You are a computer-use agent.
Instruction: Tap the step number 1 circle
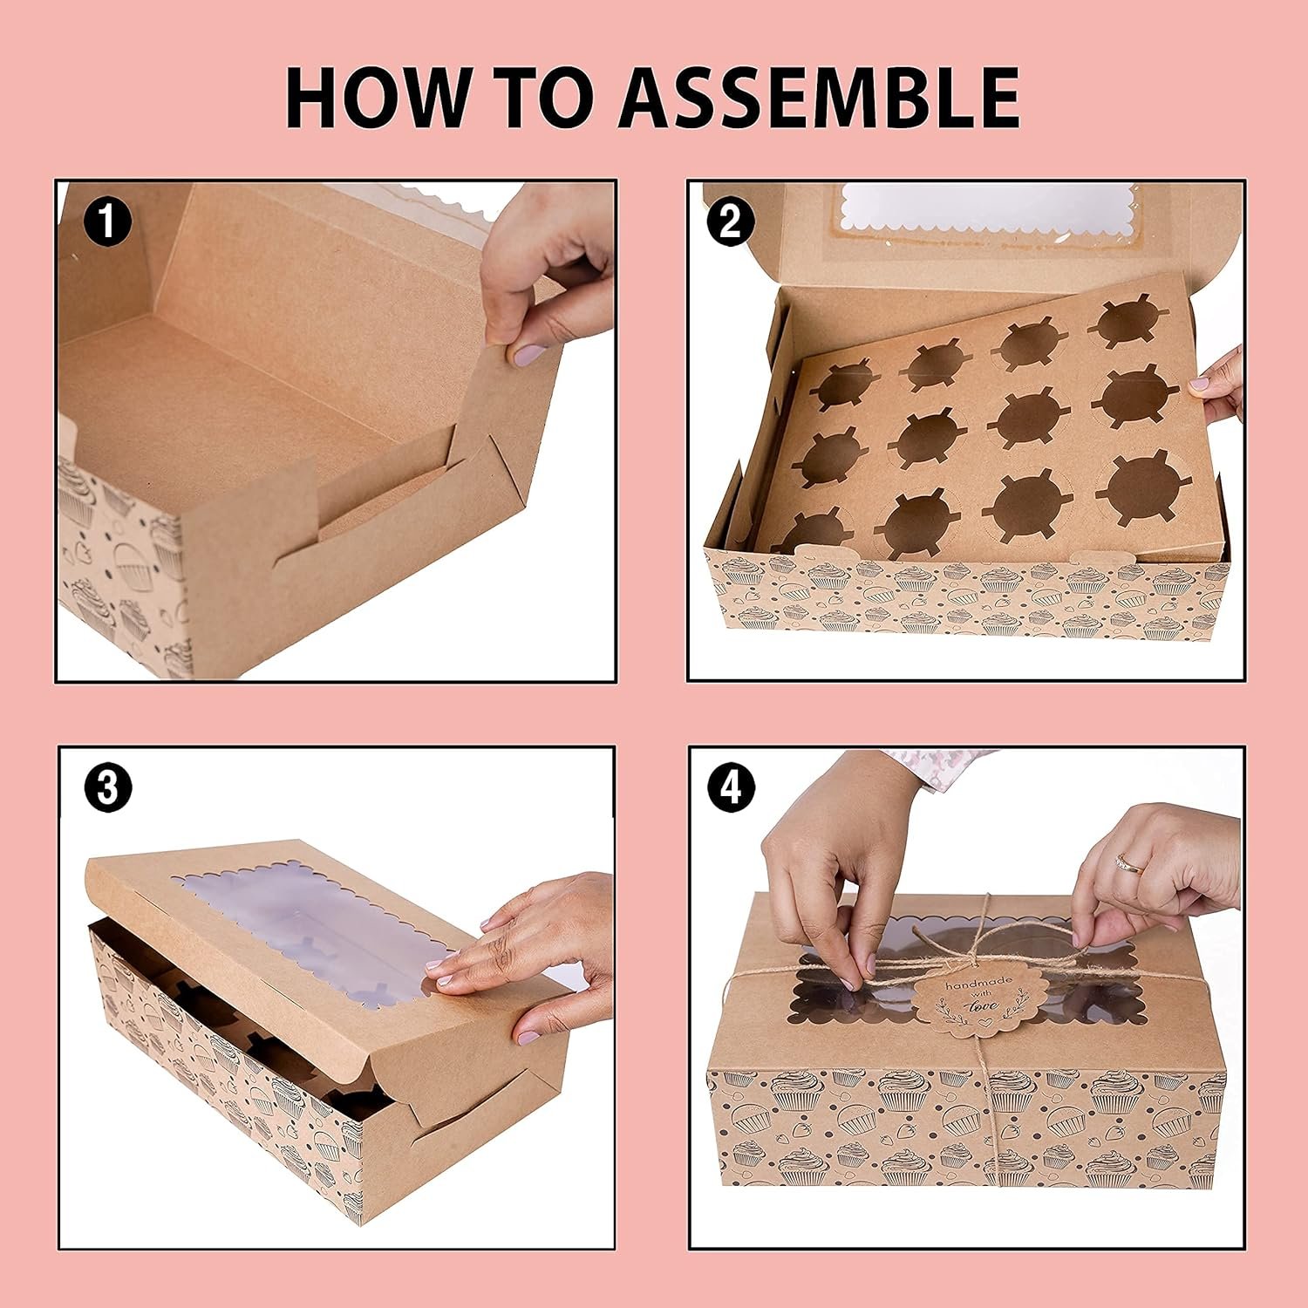pos(107,221)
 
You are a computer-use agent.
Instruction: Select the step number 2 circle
pos(731,221)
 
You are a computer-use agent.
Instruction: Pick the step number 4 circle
pos(731,787)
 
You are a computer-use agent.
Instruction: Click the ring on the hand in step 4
pos(1127,864)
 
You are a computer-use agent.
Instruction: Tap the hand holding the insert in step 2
pos(1221,384)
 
